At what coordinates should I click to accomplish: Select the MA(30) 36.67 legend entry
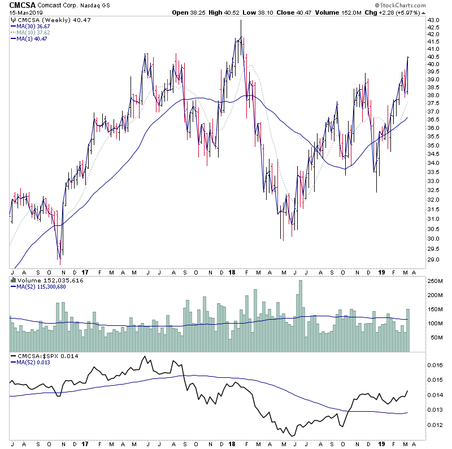click(x=33, y=26)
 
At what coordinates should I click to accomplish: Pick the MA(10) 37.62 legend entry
click(x=33, y=32)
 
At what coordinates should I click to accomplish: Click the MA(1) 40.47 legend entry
click(x=31, y=38)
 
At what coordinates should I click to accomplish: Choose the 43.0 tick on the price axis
click(x=434, y=20)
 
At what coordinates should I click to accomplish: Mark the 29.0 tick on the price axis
click(x=434, y=260)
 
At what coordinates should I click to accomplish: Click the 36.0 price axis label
click(x=434, y=128)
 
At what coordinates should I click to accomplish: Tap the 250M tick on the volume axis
click(x=435, y=281)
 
